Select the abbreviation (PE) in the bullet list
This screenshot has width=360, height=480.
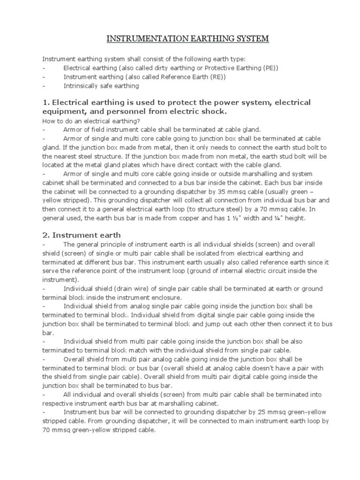(270, 68)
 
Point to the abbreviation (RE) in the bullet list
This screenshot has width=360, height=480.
(217, 77)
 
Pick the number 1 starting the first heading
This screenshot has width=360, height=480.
(45, 103)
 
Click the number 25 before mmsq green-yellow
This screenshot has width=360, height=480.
(255, 412)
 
